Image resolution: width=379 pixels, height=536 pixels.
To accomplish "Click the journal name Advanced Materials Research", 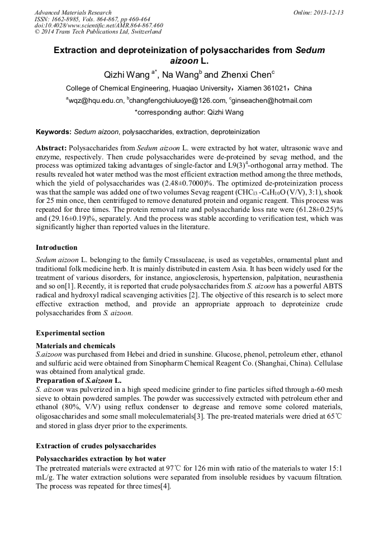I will pyautogui.click(x=73, y=12).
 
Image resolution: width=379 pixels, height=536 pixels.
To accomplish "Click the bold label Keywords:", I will pyautogui.click(x=54, y=132).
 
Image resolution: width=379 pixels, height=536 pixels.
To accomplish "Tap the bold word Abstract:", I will pyautogui.click(x=51, y=149).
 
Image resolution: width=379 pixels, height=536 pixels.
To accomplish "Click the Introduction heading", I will pyautogui.click(x=56, y=248).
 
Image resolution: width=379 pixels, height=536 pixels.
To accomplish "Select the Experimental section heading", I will pyautogui.click(x=70, y=333).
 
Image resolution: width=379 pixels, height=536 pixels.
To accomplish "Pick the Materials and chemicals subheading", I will pyautogui.click(x=75, y=346).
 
